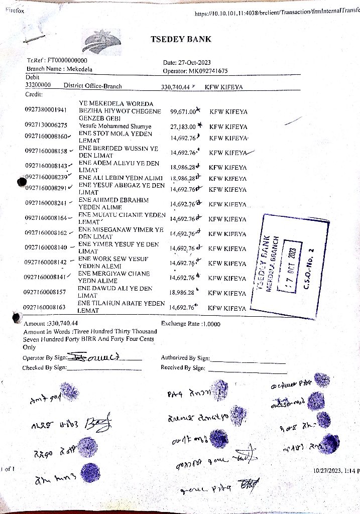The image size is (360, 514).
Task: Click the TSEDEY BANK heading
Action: click(181, 39)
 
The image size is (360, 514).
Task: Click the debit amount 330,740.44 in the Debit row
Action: click(175, 87)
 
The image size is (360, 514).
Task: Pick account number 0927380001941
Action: click(46, 109)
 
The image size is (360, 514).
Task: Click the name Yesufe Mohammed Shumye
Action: click(115, 126)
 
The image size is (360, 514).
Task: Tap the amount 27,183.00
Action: click(183, 126)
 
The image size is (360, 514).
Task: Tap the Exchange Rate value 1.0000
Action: click(212, 324)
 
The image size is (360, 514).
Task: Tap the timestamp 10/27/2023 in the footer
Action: click(325, 471)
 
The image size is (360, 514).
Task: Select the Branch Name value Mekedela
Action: click(79, 69)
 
